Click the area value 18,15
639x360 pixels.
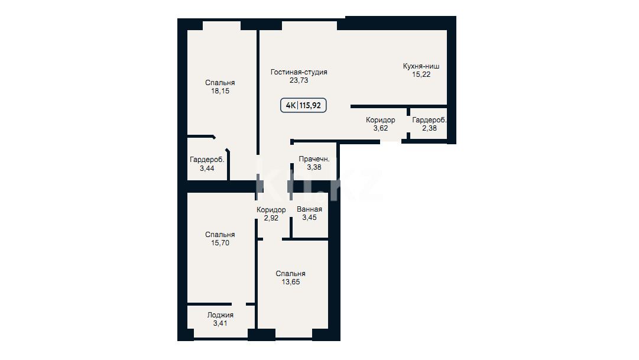pyautogui.click(x=220, y=91)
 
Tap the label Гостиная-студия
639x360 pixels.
pyautogui.click(x=299, y=72)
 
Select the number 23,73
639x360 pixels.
pyautogui.click(x=299, y=80)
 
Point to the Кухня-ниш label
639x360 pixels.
pyautogui.click(x=421, y=66)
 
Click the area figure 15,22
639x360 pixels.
pyautogui.click(x=421, y=74)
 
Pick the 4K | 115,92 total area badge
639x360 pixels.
pyautogui.click(x=303, y=105)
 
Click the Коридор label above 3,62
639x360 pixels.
pyautogui.click(x=380, y=120)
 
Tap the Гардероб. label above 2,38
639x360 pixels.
pyautogui.click(x=429, y=120)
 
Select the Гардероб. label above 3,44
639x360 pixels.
pyautogui.click(x=207, y=160)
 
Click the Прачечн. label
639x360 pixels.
pyautogui.click(x=314, y=159)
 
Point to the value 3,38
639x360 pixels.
pyautogui.click(x=314, y=167)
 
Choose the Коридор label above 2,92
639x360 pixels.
pyautogui.click(x=271, y=210)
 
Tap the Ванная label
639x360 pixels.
pyautogui.click(x=309, y=209)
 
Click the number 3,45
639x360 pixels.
pyautogui.click(x=309, y=218)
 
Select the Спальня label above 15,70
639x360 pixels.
pyautogui.click(x=220, y=235)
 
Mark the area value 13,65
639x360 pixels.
pyautogui.click(x=291, y=282)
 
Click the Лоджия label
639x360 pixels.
pyautogui.click(x=220, y=315)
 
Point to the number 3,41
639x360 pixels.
pyautogui.click(x=220, y=323)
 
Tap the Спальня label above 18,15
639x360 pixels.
pyautogui.click(x=220, y=83)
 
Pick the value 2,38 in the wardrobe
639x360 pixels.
pyautogui.click(x=429, y=128)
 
